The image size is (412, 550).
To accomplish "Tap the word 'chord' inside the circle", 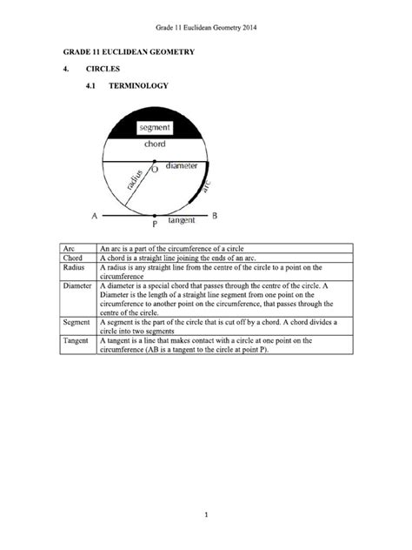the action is (155, 144).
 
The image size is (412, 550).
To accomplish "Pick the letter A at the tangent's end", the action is (93, 214).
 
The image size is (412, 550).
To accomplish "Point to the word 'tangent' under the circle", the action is (181, 221).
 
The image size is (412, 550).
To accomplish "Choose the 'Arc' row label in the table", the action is (69, 248).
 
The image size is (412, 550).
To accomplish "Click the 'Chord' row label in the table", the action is (72, 258).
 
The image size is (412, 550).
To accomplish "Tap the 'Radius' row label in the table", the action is (73, 267).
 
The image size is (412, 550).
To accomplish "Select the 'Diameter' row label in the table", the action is (77, 285).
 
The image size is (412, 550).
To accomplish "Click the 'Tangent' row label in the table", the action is (76, 340).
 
